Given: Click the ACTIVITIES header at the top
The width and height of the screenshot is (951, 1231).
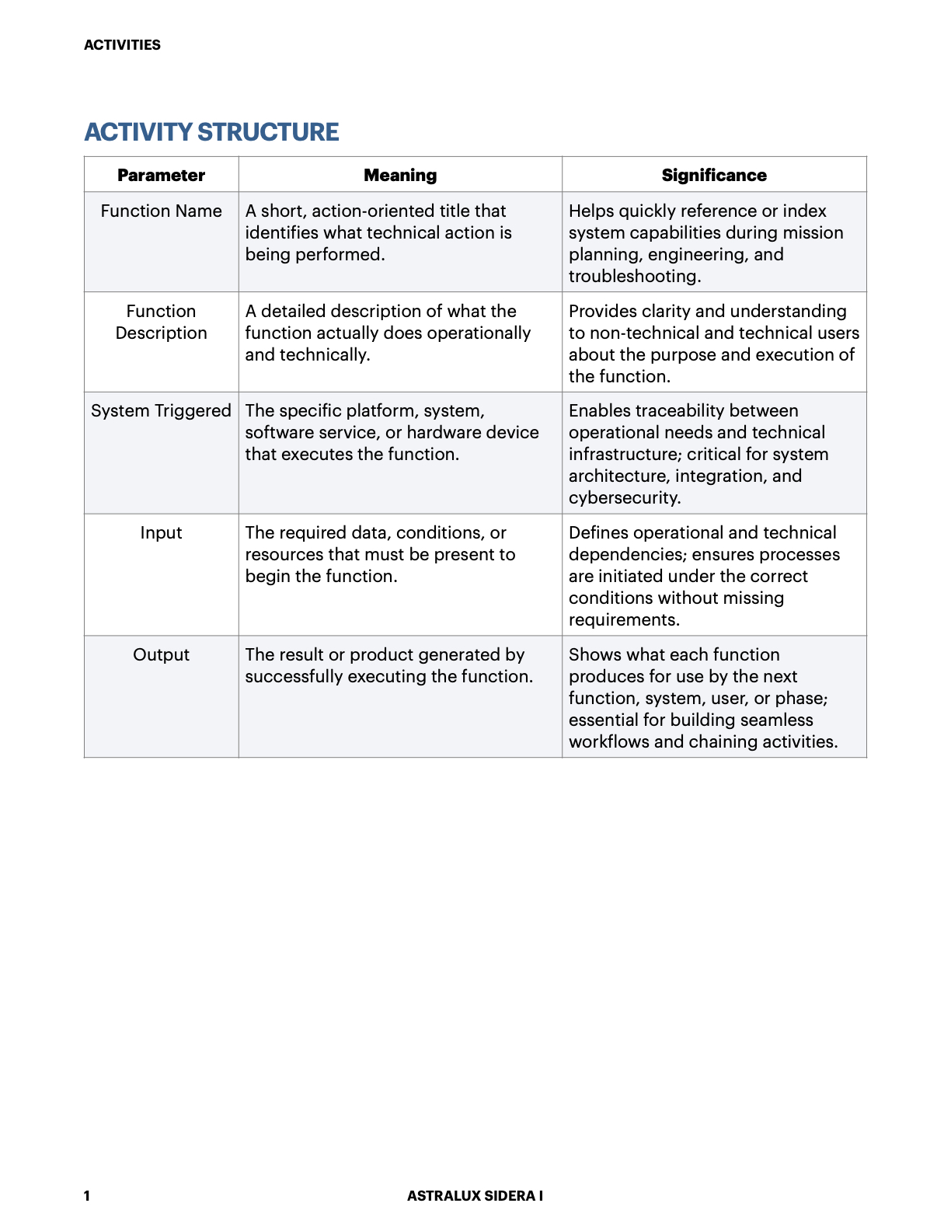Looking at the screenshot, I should (122, 45).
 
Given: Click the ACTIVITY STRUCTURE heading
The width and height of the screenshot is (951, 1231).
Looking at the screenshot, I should (211, 132).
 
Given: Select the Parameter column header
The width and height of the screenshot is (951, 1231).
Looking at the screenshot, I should (161, 176).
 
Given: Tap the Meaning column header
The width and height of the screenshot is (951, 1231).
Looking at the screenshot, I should (400, 176).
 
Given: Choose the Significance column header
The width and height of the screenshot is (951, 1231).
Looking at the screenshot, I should (714, 176).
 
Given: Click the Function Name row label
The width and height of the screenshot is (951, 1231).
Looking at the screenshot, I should (161, 211).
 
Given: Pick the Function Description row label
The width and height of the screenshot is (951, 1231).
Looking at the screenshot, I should (161, 322).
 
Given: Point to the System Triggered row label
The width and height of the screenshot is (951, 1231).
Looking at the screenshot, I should (161, 411).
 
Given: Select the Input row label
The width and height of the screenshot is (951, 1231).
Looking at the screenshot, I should (161, 533).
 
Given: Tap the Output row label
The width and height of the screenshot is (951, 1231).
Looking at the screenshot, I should (161, 655).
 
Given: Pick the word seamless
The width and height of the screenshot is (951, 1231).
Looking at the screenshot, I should (777, 720).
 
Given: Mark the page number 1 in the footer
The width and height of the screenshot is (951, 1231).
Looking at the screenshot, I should (87, 1196).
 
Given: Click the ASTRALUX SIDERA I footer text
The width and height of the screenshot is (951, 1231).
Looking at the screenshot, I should (475, 1196).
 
